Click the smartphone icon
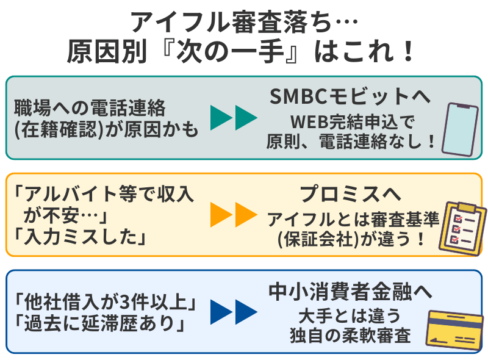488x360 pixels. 459,129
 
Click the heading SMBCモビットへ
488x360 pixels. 350,96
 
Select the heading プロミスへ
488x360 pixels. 350,194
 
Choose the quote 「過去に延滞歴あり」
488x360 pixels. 98,323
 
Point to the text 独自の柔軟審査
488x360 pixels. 350,336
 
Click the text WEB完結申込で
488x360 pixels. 350,120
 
